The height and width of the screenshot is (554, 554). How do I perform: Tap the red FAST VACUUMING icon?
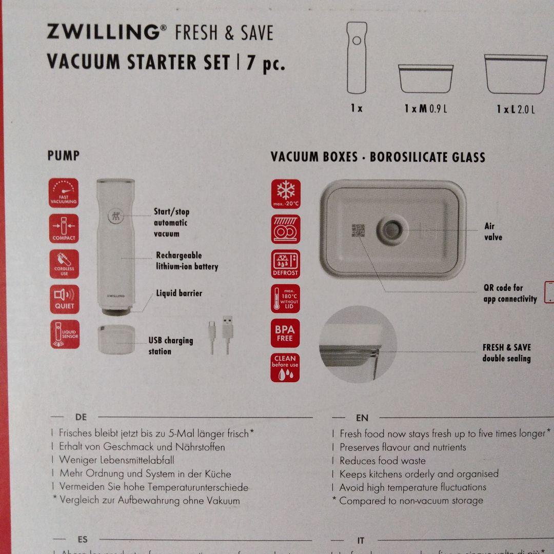(64, 193)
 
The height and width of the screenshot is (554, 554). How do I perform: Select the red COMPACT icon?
(64, 229)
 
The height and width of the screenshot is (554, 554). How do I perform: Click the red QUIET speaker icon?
(64, 299)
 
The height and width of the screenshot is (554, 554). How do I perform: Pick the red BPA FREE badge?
(285, 333)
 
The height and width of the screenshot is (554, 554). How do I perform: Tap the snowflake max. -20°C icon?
(286, 194)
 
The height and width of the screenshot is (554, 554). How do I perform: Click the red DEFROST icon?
(286, 264)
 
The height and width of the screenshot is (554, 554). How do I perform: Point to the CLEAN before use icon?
(285, 367)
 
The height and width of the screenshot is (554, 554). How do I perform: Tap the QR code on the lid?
(358, 230)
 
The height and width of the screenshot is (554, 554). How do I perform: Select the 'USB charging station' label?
(171, 346)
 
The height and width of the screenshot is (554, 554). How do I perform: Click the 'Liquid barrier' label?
(179, 293)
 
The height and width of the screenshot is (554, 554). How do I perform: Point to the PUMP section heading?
(63, 155)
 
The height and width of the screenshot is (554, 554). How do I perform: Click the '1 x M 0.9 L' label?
(426, 109)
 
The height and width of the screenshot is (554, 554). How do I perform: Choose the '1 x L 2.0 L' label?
(516, 109)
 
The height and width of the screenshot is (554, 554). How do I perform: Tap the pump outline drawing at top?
(357, 57)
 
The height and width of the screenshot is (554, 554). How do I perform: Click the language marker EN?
(362, 418)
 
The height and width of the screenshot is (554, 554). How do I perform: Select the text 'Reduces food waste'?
(383, 461)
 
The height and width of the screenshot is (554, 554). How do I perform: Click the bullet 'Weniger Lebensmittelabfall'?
(116, 460)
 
